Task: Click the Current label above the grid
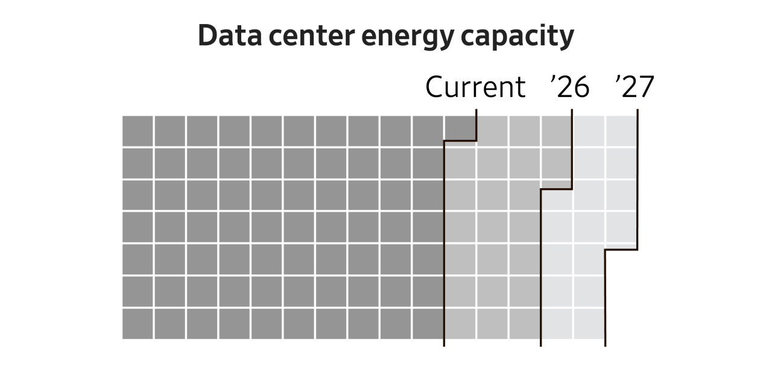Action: coord(475,87)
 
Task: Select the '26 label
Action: coord(570,87)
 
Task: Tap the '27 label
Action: coord(634,87)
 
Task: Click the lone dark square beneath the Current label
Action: coord(460,130)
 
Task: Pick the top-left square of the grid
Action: coord(138,130)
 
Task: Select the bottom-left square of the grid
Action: coord(138,324)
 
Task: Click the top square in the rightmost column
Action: coord(621,130)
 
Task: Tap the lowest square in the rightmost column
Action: coord(621,227)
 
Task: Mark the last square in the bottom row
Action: coord(589,324)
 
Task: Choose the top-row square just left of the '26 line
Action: coord(556,130)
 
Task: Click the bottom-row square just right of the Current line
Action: coord(460,324)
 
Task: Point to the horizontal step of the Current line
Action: coord(460,141)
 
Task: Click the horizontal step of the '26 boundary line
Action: coord(556,189)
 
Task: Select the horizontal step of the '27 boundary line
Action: coord(621,250)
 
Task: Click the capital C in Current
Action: coord(435,87)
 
